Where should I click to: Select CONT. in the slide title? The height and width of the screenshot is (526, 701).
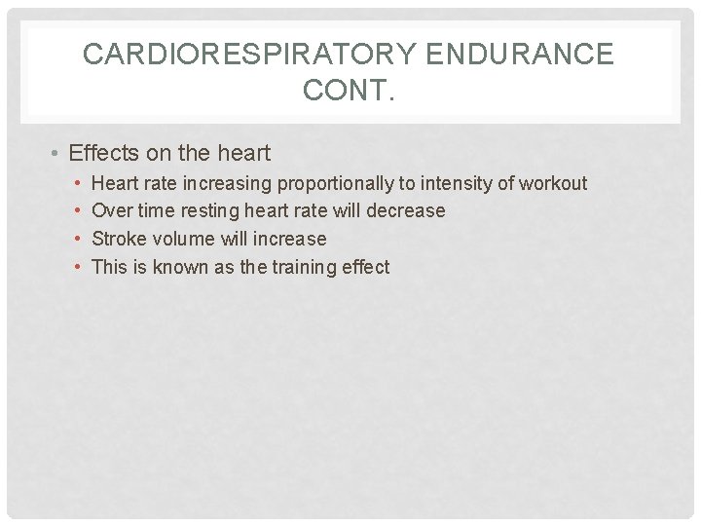[350, 92]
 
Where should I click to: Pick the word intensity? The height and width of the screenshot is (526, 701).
[457, 183]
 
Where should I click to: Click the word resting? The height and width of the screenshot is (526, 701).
[209, 210]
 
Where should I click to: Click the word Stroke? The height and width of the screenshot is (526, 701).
[116, 239]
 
